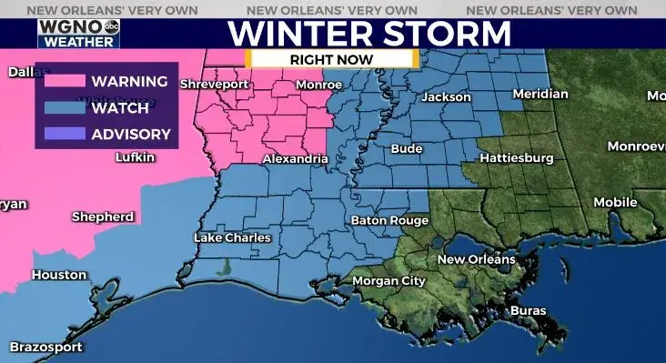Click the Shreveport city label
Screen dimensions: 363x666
[214, 85]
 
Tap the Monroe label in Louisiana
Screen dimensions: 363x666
[319, 85]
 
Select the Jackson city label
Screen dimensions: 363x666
[446, 97]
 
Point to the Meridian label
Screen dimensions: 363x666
[540, 94]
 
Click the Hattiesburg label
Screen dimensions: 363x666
[516, 158]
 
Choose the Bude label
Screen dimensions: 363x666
[406, 148]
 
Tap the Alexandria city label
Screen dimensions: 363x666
[295, 159]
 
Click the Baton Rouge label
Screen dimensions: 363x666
[389, 221]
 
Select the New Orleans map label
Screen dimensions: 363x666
[476, 259]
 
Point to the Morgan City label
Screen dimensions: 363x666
[388, 281]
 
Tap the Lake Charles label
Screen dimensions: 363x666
[233, 237]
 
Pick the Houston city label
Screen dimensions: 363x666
[59, 275]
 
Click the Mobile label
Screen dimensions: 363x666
[615, 202]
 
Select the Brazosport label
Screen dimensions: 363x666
[46, 347]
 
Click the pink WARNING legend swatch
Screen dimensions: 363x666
[62, 81]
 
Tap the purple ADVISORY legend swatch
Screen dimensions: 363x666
[62, 135]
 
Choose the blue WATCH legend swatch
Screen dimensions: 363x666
[62, 107]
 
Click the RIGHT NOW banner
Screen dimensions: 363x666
[332, 58]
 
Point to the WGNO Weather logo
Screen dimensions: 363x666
[78, 34]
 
